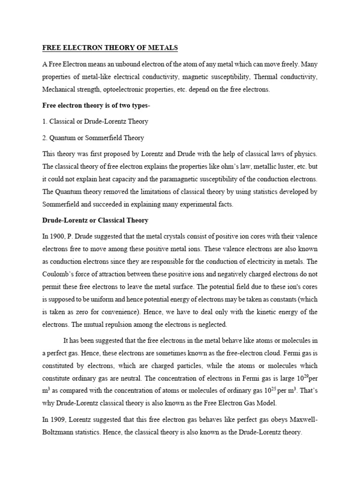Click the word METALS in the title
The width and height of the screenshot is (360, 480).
click(x=161, y=48)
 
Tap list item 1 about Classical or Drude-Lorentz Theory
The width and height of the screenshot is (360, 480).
click(x=95, y=121)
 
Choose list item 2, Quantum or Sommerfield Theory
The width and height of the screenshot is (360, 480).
click(x=93, y=138)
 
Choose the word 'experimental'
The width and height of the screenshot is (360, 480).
click(x=193, y=204)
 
